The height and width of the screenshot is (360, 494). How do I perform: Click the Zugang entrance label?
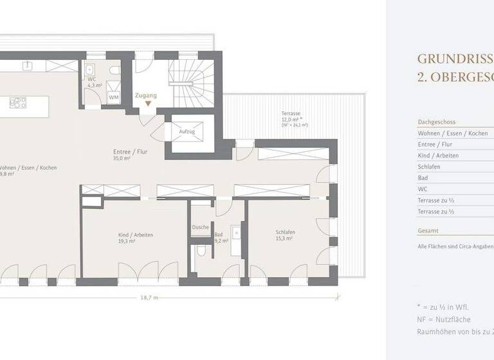coord(146,95)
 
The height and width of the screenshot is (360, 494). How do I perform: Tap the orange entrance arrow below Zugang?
coord(148,104)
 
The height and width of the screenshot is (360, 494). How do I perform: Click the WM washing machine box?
coord(113,97)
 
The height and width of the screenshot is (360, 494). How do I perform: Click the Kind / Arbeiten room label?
coord(136,235)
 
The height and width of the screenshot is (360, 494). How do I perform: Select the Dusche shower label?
coord(200,227)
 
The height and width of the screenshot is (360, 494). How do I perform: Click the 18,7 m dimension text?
coord(149,298)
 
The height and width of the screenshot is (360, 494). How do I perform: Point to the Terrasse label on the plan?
coord(291,113)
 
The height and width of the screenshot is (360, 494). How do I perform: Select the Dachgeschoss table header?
coord(437,122)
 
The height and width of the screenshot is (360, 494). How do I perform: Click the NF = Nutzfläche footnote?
coord(444,319)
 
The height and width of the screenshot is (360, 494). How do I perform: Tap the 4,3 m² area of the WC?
coord(95,85)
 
